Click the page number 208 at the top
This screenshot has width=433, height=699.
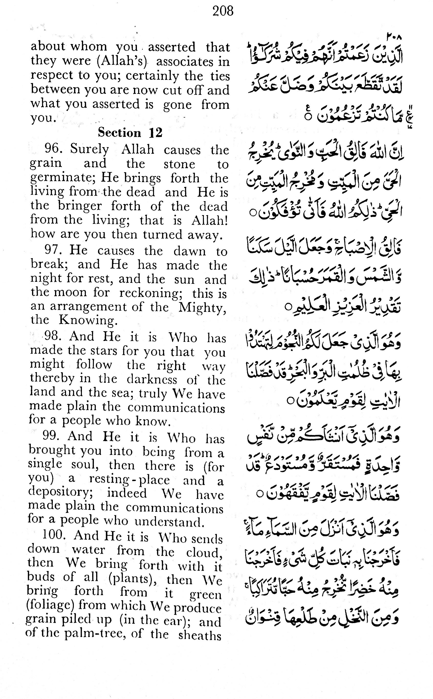pyautogui.click(x=223, y=11)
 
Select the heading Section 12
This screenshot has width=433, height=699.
pyautogui.click(x=130, y=132)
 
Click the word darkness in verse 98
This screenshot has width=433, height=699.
pyautogui.click(x=152, y=379)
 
